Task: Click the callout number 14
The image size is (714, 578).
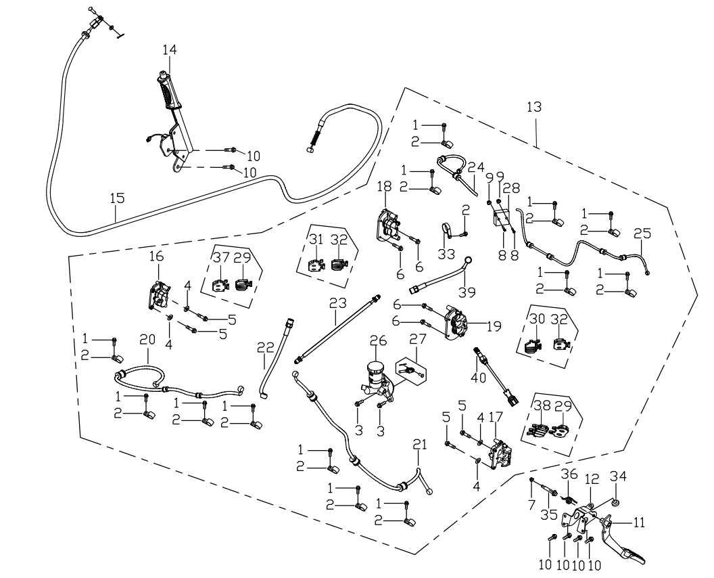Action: pos(170,49)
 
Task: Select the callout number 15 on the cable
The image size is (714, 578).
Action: pos(117,198)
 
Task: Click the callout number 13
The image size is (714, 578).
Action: pos(534,107)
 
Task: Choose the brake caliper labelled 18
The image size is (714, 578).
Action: pos(388,225)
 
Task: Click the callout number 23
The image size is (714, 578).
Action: pos(338,303)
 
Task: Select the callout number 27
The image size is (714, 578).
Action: pos(417,339)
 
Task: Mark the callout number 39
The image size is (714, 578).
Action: pos(467,292)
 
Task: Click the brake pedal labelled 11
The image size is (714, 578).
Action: pos(621,541)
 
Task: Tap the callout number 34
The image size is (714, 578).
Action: pos(618,476)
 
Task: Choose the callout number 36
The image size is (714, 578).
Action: pos(569,474)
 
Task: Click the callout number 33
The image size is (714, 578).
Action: pos(446,254)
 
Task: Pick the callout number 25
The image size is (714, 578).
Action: pos(642,234)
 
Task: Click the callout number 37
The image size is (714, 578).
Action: pos(221,258)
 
